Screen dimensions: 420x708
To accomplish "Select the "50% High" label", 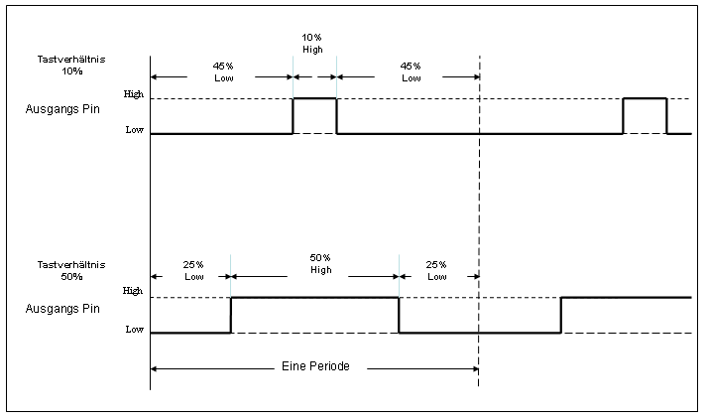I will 320,264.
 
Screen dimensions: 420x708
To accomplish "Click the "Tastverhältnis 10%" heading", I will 62,66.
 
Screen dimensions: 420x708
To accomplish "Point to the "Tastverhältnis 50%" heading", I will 62,270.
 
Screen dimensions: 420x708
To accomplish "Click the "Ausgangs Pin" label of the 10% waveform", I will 62,109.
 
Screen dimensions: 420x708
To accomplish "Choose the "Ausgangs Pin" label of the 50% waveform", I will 62,309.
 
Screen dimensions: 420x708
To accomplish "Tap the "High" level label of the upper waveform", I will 134,94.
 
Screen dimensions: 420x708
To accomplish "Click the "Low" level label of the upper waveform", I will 135,130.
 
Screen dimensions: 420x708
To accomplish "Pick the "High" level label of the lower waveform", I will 133,291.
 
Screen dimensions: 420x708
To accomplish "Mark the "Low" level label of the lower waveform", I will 134,329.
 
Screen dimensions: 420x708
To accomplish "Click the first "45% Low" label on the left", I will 224,71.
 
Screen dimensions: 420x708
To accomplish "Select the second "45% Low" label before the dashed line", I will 411,71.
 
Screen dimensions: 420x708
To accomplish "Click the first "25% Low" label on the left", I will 193,270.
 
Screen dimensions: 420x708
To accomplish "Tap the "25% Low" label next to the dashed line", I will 436,270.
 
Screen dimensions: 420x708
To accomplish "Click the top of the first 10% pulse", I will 314,98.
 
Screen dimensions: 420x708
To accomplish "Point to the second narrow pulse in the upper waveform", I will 645,99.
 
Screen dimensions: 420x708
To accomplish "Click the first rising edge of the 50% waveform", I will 231,315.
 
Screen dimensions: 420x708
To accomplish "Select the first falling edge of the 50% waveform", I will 399,315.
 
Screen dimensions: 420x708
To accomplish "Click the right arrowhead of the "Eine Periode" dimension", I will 474,368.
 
